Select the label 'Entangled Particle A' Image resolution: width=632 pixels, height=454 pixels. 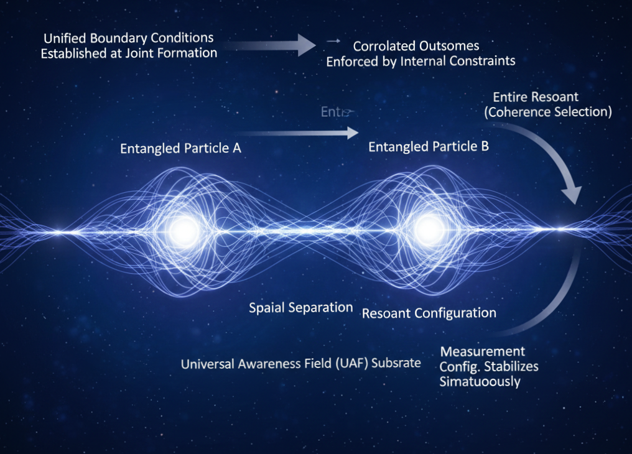(180, 149)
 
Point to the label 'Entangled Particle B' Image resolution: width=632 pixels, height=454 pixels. (429, 147)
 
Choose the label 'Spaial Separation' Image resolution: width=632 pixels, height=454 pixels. (301, 307)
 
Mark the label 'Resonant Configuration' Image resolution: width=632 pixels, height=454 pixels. (429, 313)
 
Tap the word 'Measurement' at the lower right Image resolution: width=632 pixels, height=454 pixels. (482, 351)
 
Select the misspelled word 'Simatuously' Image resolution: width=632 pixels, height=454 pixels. (480, 381)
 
